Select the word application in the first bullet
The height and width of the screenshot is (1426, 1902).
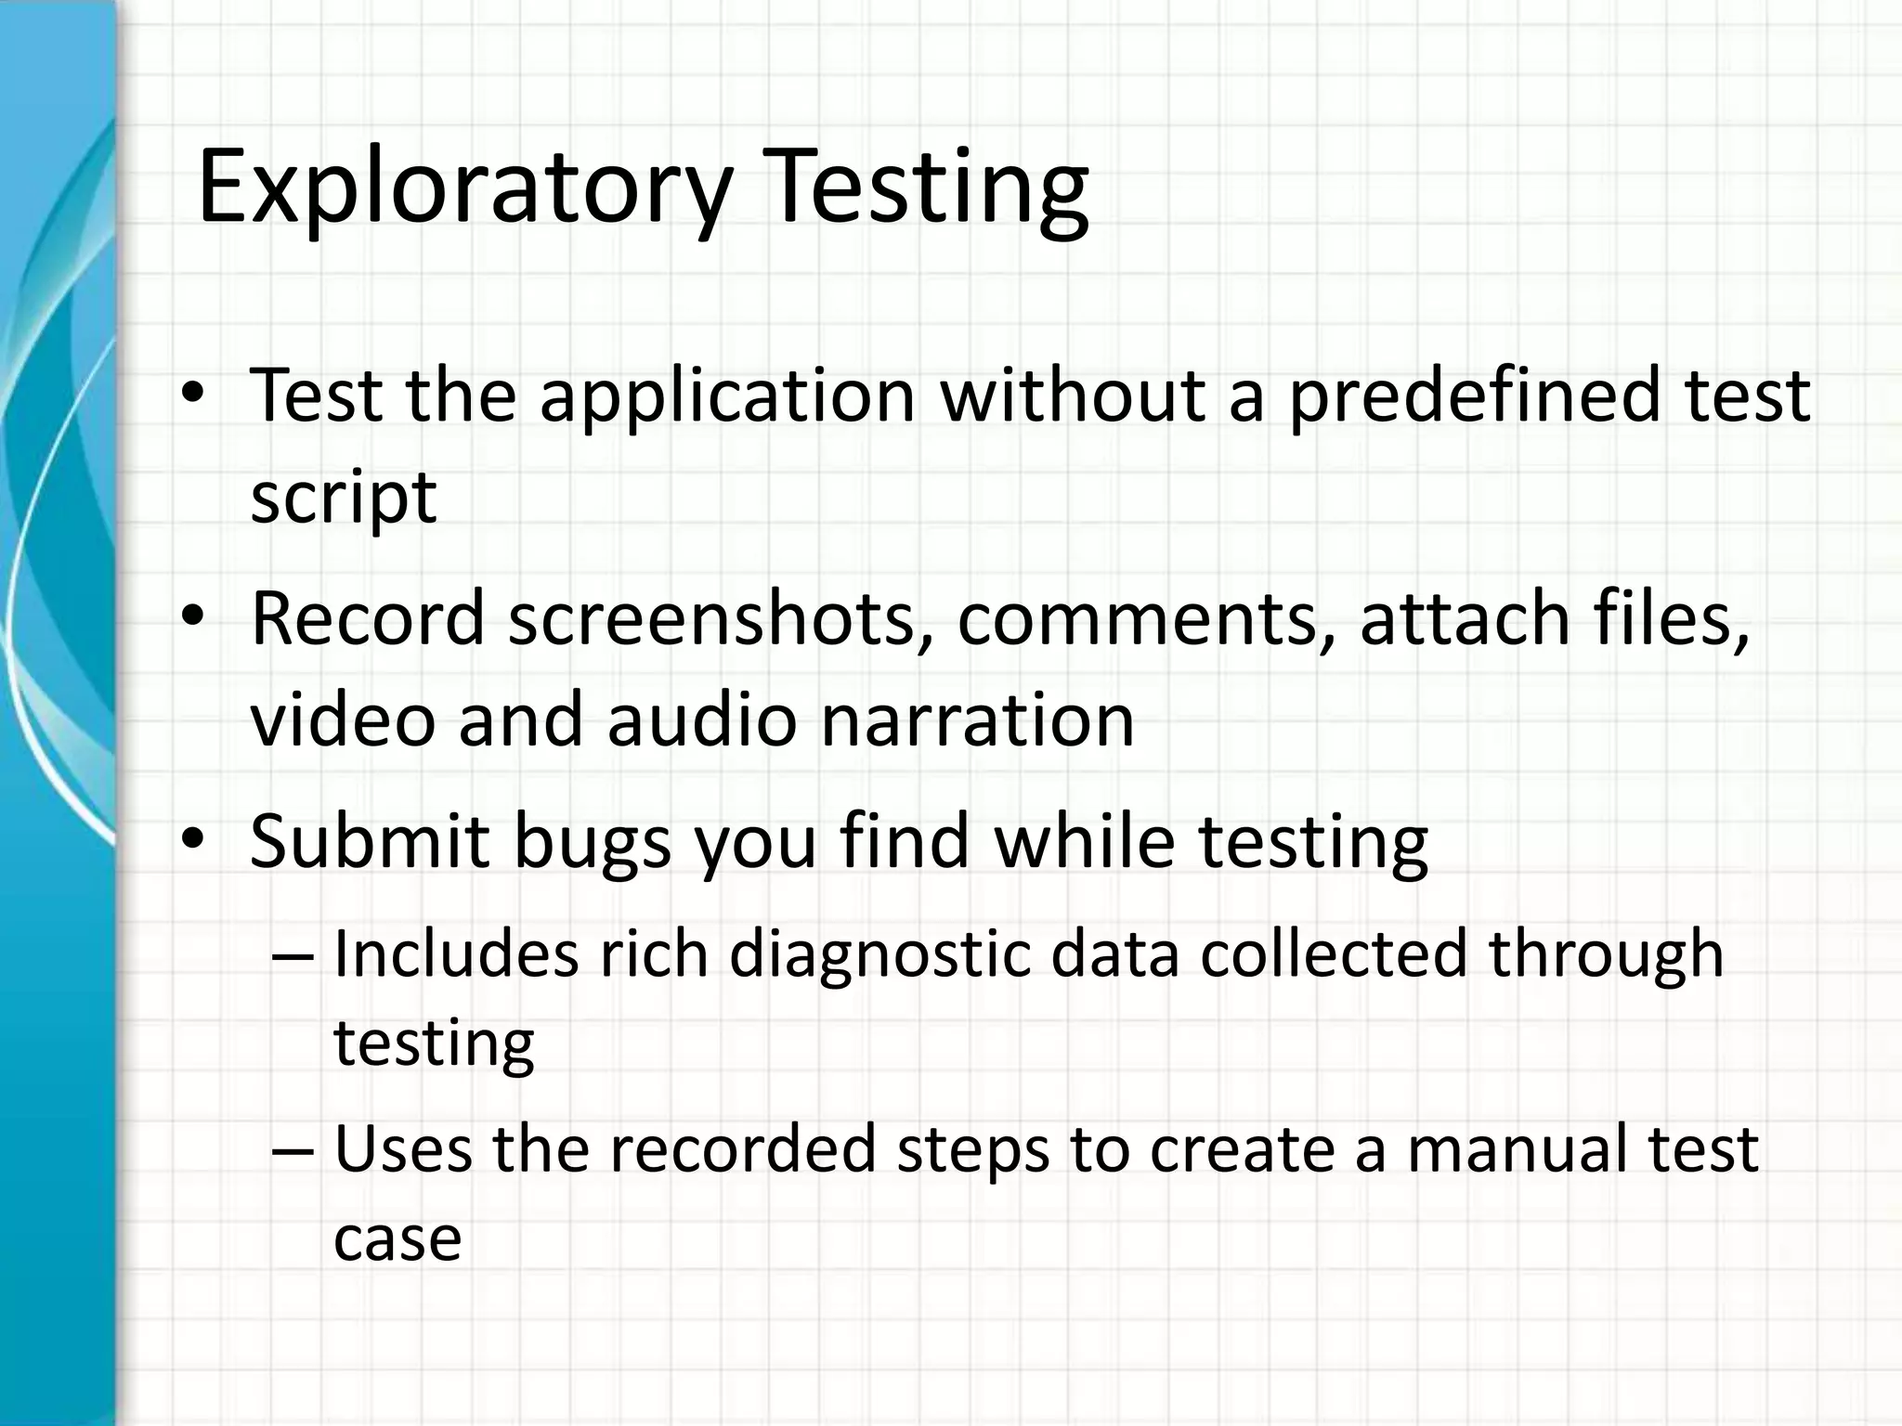click(728, 395)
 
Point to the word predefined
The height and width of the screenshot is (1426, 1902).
click(1472, 395)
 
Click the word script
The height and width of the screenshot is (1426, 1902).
click(343, 499)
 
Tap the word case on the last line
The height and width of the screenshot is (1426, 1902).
click(397, 1239)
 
